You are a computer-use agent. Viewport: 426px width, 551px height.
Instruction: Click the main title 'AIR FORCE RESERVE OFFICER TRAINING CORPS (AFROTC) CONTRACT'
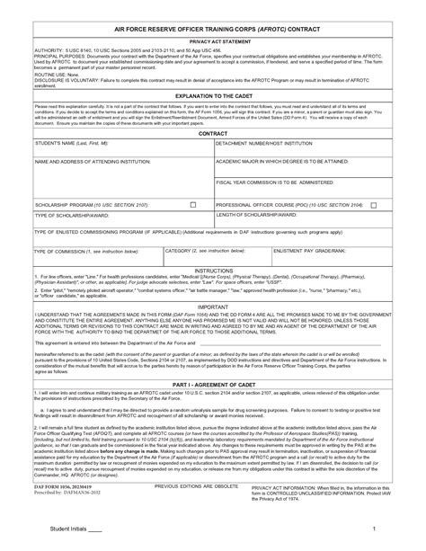click(213, 28)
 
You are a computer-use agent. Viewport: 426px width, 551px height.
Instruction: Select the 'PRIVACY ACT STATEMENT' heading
click(213, 41)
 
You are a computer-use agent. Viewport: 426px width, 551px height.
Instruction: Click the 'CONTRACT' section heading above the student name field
click(213, 131)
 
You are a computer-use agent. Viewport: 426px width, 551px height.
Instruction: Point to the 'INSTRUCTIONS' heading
click(213, 269)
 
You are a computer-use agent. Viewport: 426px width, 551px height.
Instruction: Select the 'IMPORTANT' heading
click(213, 306)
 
